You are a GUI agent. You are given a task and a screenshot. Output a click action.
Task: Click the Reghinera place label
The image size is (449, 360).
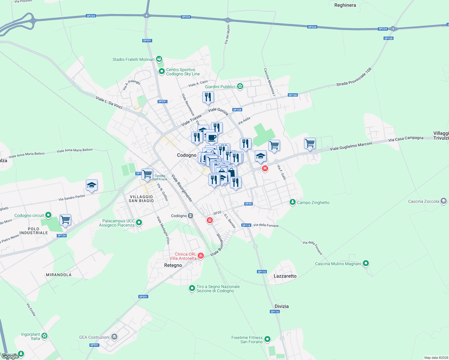tap(345, 5)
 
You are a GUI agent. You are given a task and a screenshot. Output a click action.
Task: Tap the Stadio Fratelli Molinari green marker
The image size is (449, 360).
tap(159, 59)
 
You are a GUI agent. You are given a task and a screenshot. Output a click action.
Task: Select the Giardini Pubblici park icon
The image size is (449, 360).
tap(240, 86)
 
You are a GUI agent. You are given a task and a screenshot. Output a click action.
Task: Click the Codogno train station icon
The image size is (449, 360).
tap(190, 216)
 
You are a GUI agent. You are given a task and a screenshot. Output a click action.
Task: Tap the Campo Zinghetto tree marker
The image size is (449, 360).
tap(292, 202)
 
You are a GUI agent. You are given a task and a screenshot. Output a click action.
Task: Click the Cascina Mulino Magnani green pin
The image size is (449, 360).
tap(366, 263)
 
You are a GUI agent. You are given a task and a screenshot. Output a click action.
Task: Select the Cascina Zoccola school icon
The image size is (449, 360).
tap(444, 201)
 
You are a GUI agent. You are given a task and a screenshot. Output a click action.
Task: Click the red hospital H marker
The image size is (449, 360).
tap(265, 168)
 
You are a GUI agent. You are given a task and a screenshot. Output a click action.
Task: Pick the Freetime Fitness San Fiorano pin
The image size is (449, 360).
tap(267, 339)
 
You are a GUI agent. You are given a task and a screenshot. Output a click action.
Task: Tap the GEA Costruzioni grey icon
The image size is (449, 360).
tap(114, 337)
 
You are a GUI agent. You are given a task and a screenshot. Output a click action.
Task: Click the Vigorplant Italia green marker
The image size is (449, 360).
tap(44, 336)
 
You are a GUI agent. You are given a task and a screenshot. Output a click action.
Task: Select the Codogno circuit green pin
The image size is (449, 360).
tap(48, 215)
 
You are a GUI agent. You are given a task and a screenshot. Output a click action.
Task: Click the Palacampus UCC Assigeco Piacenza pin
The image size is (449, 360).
tap(139, 223)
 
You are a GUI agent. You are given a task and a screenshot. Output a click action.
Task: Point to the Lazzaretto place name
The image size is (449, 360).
tap(285, 276)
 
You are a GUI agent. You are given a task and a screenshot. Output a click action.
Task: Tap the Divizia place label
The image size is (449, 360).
tap(282, 306)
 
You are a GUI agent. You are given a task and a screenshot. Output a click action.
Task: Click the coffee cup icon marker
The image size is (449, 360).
tap(212, 138)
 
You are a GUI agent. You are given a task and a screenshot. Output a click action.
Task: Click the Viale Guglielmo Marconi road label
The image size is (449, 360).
tap(351, 146)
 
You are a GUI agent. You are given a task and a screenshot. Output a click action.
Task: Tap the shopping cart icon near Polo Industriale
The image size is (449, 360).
tap(65, 220)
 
